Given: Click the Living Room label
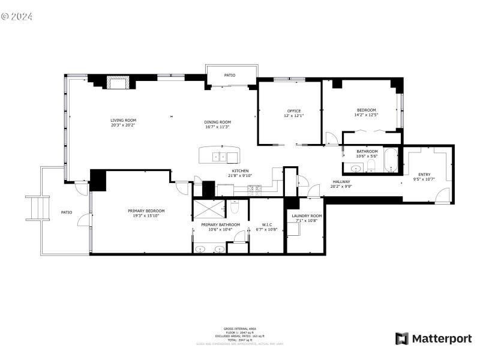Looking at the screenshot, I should tap(123, 120).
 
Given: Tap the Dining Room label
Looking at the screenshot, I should tap(217, 122).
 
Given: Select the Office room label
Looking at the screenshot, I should tap(293, 110).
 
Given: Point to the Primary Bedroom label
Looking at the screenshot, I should tap(146, 211).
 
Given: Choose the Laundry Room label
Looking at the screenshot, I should tap(307, 215).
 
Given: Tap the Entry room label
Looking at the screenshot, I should tap(424, 175).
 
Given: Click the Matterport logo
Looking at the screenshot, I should tap(433, 339).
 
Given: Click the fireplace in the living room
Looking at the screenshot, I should tap(117, 83).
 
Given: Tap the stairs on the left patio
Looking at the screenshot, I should tap(37, 208).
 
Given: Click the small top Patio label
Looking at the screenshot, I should tap(230, 75).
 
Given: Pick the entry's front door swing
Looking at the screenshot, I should tap(443, 195).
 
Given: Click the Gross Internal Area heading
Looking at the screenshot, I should tap(240, 329).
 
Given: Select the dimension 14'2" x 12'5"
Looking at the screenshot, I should tap(367, 115).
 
